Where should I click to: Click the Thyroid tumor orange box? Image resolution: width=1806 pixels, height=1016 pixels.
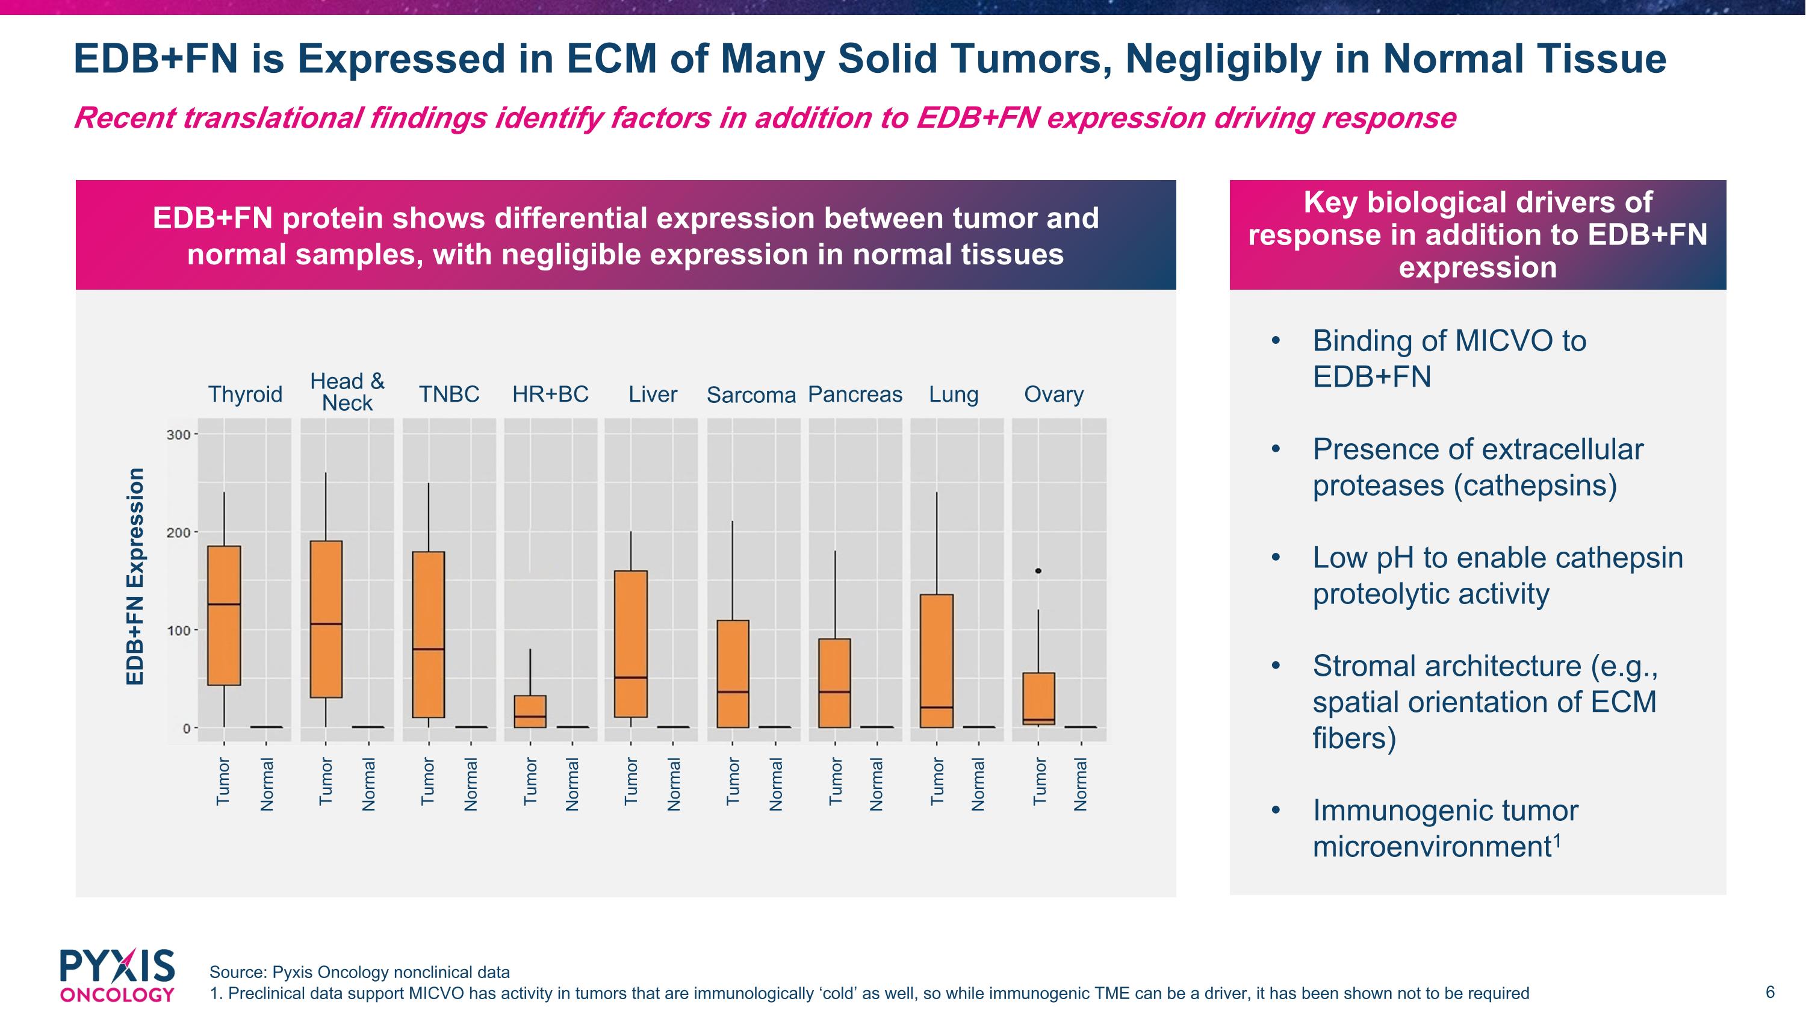pos(225,615)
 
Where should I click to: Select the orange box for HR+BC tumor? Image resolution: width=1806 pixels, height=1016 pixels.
pos(530,711)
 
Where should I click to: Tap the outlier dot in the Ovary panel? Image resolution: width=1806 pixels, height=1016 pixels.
pos(1038,571)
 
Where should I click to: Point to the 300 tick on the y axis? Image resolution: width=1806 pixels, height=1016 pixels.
pos(179,435)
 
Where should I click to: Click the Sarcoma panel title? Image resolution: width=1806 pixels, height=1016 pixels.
pos(751,396)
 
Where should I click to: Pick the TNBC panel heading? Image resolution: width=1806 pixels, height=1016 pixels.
pos(448,394)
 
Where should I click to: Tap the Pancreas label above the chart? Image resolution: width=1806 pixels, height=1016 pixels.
pos(855,394)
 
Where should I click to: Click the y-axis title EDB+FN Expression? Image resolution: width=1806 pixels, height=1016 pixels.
pos(135,576)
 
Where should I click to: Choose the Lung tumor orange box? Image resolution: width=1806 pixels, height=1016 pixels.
pos(937,661)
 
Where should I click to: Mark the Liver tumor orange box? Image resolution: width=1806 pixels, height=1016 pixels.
pos(631,644)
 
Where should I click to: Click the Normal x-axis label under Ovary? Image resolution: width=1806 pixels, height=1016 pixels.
pos(1081,784)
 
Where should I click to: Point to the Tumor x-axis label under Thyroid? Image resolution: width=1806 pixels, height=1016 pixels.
pos(223,781)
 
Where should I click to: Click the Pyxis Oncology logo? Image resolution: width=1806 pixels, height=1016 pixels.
pos(117,975)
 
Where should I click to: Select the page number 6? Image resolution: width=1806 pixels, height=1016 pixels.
pos(1769,992)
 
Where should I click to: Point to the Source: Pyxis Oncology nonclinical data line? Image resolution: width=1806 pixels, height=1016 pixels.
pos(359,972)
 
